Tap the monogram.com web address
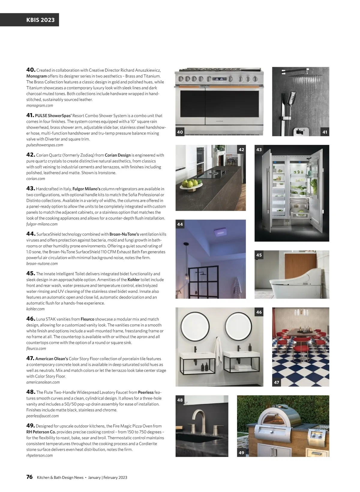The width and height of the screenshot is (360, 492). [x=40, y=105]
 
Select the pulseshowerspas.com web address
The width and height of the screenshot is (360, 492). [x=45, y=145]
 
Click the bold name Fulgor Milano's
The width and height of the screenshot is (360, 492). [x=86, y=189]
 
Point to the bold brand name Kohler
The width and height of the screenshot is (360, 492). [x=133, y=280]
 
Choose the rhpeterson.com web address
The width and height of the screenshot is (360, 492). [x=39, y=455]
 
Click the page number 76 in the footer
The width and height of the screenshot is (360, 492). [x=29, y=477]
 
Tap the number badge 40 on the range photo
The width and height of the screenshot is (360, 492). [x=180, y=132]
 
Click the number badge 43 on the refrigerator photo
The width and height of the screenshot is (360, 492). [x=259, y=149]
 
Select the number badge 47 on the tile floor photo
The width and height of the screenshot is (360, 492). [x=277, y=382]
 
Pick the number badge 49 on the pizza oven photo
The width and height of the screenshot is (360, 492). [x=241, y=452]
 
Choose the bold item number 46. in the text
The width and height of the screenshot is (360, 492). [x=31, y=319]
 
